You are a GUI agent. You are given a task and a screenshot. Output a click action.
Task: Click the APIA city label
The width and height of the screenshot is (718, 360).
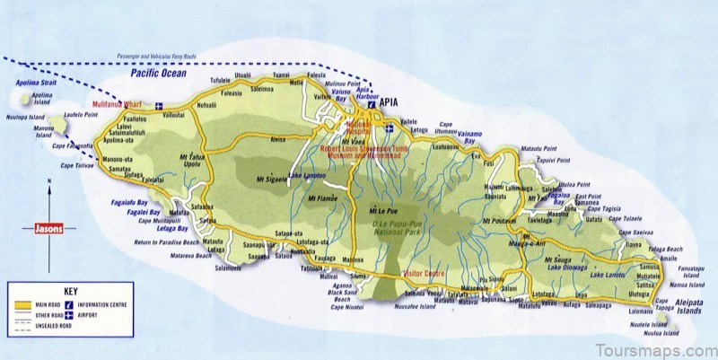[390, 103]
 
